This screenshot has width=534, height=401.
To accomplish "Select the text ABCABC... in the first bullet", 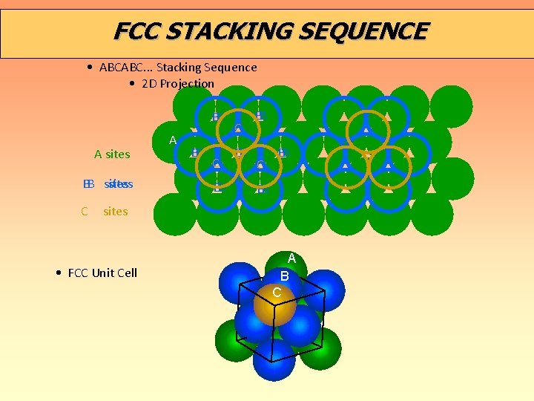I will pyautogui.click(x=126, y=68).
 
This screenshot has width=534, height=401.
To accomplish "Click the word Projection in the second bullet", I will pyautogui.click(x=188, y=83).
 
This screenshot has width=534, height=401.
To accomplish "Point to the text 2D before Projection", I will pyautogui.click(x=150, y=83).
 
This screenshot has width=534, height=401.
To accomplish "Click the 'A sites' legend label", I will pyautogui.click(x=112, y=154).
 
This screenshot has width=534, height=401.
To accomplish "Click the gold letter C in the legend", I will pyautogui.click(x=85, y=212).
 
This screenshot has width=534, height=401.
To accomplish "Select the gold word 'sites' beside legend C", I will pyautogui.click(x=116, y=212).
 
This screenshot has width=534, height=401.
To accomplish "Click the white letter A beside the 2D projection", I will pyautogui.click(x=173, y=140).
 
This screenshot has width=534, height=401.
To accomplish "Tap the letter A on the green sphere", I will pyautogui.click(x=291, y=258).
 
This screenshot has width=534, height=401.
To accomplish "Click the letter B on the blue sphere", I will pyautogui.click(x=284, y=276).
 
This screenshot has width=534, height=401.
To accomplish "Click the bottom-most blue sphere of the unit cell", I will pyautogui.click(x=274, y=359).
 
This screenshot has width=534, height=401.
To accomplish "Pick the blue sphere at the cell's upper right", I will pyautogui.click(x=324, y=290).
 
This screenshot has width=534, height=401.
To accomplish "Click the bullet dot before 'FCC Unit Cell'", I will pyautogui.click(x=58, y=273).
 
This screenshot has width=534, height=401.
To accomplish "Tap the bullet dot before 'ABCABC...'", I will pyautogui.click(x=89, y=68).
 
